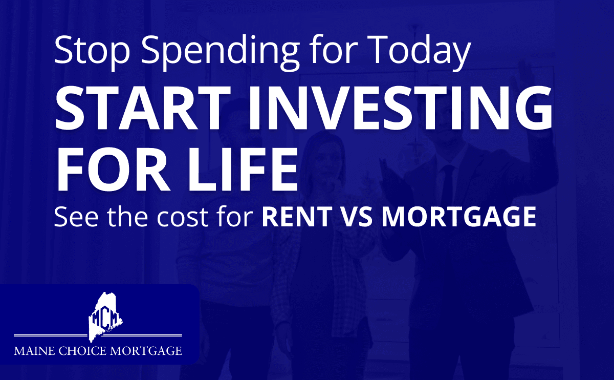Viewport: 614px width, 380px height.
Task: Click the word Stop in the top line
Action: [x=92, y=50]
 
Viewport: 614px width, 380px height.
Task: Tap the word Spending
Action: [x=220, y=52]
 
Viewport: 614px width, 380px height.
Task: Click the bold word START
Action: [x=143, y=108]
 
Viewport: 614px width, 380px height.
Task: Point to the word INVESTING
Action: [x=401, y=108]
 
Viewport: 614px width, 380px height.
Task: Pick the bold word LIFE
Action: [x=243, y=169]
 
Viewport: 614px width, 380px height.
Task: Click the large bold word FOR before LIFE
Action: [x=114, y=169]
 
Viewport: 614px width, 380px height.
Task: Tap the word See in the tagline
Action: [x=76, y=217]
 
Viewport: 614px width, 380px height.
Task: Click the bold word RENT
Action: [x=297, y=217]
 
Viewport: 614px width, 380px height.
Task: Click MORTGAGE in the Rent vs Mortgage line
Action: [x=459, y=217]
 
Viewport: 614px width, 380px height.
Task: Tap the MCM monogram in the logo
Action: [x=106, y=318]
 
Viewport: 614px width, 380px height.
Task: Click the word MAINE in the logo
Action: [x=35, y=351]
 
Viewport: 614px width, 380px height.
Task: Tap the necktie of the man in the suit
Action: [x=448, y=186]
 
